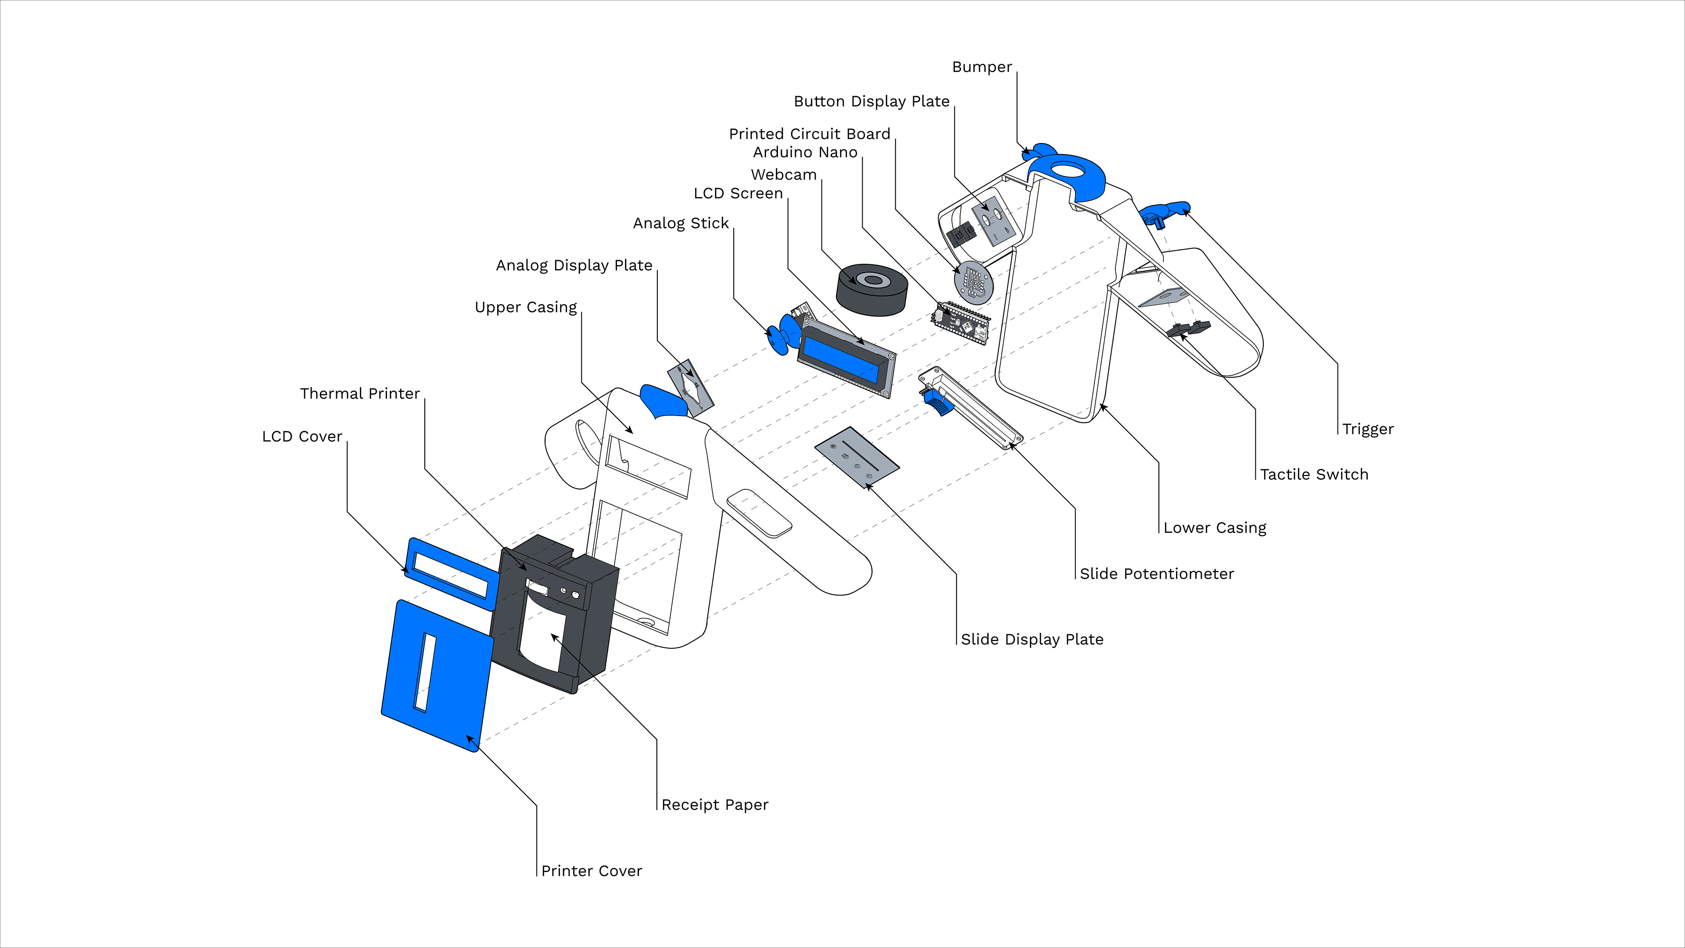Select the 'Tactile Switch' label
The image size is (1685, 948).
tap(1314, 474)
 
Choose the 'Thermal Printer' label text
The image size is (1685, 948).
tap(360, 393)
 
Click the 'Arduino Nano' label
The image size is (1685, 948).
tap(805, 152)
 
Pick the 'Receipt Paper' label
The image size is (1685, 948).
tap(715, 805)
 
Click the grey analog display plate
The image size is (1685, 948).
tap(690, 387)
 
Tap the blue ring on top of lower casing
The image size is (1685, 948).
tap(1066, 174)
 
